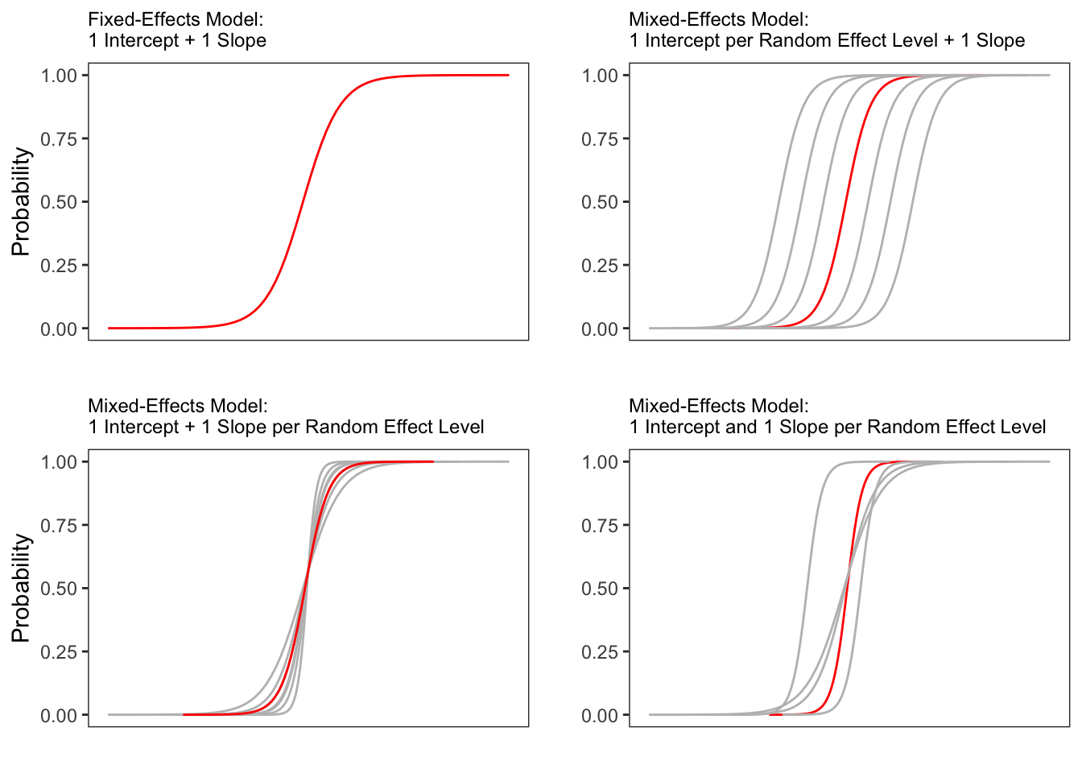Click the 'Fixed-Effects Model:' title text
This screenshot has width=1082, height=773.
[x=176, y=19]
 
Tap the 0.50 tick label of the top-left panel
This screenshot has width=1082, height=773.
[x=59, y=202]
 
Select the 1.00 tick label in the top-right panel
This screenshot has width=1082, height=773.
[x=600, y=76]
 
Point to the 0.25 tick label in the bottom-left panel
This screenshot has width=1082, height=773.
[x=59, y=652]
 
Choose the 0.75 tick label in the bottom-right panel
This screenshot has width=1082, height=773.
[x=600, y=526]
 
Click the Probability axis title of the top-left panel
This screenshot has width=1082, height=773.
[x=21, y=201]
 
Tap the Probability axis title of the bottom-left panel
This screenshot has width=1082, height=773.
[x=21, y=588]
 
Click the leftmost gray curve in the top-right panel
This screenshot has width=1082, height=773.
[x=776, y=201]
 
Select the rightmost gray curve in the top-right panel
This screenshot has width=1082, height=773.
[x=911, y=201]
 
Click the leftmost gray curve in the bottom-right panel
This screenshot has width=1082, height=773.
[x=806, y=588]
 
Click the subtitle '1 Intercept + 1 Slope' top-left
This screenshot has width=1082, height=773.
[x=177, y=40]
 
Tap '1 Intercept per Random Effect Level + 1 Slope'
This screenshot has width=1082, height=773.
[x=827, y=40]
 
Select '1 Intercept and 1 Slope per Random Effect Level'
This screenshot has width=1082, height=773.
[x=837, y=427]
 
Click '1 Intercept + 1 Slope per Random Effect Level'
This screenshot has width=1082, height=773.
[x=286, y=427]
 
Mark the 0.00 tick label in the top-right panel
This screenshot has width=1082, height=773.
[x=600, y=329]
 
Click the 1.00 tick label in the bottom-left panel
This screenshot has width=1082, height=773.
[x=59, y=462]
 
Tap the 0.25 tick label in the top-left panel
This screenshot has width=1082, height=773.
[x=59, y=266]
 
